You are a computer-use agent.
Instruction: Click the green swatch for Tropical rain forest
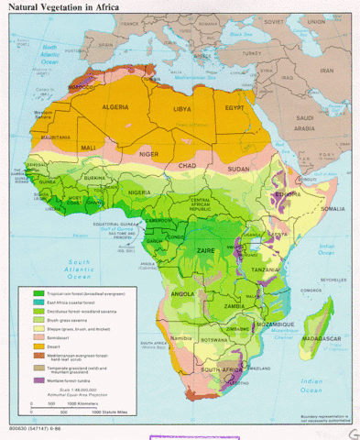[38, 292]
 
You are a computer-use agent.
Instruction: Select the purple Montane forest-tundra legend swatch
[38, 379]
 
